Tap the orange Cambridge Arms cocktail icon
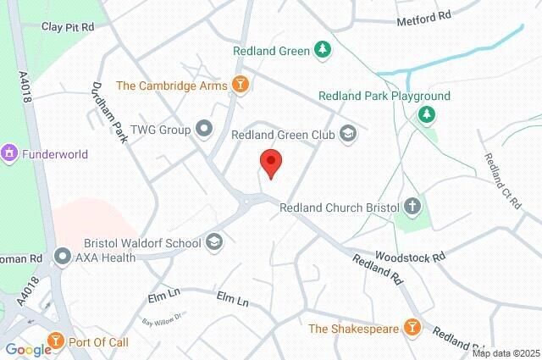coord(241,85)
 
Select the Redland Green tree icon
coord(322,50)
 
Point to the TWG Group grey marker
coord(203,129)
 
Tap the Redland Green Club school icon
coord(347,133)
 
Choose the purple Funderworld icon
coord(10,154)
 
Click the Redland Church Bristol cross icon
coord(412,206)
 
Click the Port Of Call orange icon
coord(56,341)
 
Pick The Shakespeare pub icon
coord(412,328)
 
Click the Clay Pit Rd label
coord(68,26)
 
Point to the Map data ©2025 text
coord(505,353)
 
